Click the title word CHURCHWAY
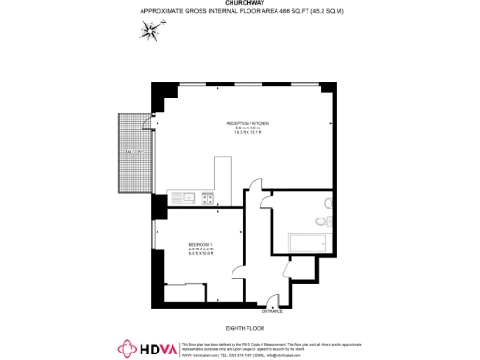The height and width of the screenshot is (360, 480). click(239, 3)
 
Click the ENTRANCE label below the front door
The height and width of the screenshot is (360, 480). click(272, 312)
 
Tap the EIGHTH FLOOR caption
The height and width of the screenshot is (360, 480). click(239, 327)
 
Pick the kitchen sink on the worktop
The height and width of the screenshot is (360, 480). click(185, 198)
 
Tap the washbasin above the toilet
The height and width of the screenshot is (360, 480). click(321, 202)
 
